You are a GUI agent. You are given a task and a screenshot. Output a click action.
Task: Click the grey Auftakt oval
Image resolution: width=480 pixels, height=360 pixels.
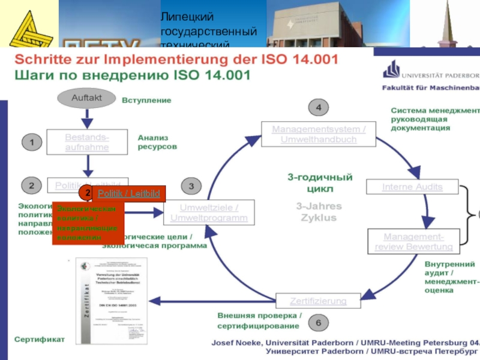(x=86, y=98)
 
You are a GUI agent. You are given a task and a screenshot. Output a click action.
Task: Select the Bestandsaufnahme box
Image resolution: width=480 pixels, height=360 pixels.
(x=87, y=142)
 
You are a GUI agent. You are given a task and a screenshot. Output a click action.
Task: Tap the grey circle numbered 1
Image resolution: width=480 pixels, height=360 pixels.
(x=32, y=142)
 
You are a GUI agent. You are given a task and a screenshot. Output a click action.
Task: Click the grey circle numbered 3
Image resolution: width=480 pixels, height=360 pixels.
(x=191, y=187)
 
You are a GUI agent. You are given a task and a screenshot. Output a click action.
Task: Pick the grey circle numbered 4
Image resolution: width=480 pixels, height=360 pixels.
(x=319, y=108)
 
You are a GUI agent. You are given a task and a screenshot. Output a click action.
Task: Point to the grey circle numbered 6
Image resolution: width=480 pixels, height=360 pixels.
(x=319, y=323)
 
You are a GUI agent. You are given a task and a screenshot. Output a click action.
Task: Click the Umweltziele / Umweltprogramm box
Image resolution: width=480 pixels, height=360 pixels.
(x=209, y=213)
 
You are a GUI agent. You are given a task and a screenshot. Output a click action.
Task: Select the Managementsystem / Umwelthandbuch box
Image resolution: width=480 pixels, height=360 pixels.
(x=318, y=134)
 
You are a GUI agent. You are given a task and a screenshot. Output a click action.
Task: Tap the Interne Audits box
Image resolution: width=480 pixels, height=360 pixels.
(x=412, y=187)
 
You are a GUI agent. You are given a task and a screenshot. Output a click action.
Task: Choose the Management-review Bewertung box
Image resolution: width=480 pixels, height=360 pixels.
(x=413, y=241)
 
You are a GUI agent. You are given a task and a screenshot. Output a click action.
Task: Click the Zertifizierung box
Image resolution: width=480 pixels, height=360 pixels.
(x=318, y=300)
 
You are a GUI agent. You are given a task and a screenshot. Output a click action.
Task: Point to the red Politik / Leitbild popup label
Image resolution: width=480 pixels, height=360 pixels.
(x=128, y=193)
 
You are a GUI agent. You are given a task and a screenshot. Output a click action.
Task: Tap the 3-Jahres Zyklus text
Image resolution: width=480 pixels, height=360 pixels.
(x=319, y=211)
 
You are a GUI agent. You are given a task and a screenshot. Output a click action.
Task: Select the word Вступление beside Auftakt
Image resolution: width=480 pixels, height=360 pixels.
(x=146, y=100)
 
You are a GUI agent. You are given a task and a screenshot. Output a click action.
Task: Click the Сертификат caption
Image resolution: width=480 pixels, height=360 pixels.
(x=40, y=340)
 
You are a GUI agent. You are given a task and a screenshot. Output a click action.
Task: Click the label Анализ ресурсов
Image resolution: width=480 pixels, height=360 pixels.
(x=157, y=142)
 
